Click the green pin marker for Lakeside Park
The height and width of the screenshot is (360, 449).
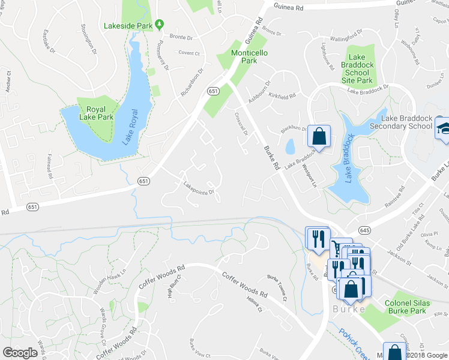pos(159,25)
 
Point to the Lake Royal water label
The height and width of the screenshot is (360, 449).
pos(130,127)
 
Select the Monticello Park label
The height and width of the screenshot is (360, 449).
pos(253,57)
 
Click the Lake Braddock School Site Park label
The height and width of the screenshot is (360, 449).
pos(357,68)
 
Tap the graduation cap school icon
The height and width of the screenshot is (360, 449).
pos(443,130)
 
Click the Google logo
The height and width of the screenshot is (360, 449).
pos(20,353)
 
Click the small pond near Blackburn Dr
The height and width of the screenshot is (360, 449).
pos(291,146)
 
